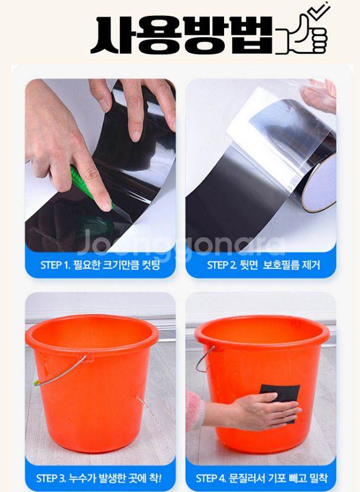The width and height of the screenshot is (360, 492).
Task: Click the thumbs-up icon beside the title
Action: point(303,36)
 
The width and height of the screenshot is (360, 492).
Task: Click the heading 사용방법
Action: point(182,34)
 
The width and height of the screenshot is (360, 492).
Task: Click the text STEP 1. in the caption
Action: point(54,265)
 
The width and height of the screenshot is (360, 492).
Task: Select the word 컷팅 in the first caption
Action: point(151,265)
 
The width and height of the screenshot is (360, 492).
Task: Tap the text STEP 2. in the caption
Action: point(222,265)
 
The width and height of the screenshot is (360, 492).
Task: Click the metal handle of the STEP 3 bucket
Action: point(60,372)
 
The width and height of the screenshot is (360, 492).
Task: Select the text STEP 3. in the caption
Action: point(51,478)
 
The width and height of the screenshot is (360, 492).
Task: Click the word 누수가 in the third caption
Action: point(83,478)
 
